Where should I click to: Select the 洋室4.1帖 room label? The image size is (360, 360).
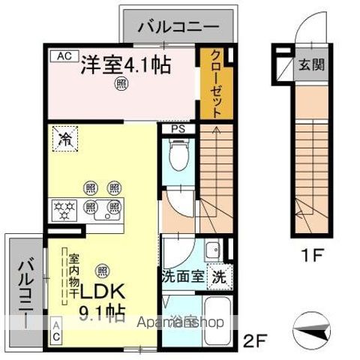click(x=125, y=65)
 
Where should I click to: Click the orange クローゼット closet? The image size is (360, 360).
click(x=216, y=84)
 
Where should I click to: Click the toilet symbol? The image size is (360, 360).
click(x=178, y=157)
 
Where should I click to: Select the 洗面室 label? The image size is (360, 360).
click(x=182, y=275)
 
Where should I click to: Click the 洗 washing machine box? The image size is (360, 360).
click(x=219, y=275)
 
